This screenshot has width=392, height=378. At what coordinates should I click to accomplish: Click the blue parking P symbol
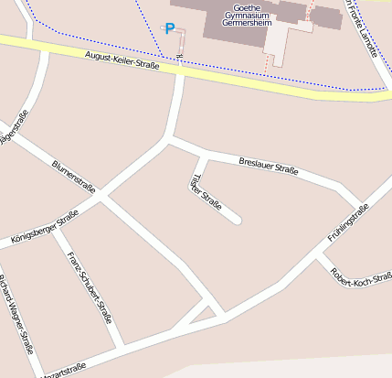point(169,29)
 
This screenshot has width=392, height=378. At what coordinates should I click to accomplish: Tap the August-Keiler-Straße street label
point(122,61)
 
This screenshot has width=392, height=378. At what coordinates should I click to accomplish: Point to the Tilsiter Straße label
point(206,192)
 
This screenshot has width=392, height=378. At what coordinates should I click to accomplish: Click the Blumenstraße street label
point(74,173)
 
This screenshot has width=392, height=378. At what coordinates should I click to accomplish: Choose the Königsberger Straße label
point(44,228)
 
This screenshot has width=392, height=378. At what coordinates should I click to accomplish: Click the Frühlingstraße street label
point(347,224)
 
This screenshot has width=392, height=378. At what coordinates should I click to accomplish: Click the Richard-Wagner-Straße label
point(17,314)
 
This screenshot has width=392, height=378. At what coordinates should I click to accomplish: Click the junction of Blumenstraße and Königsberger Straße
point(101,196)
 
